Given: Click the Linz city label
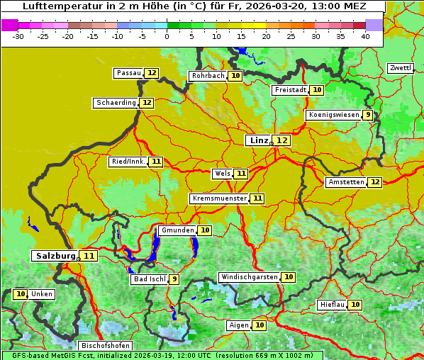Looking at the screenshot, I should (x=258, y=140).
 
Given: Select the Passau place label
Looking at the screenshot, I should (x=128, y=73).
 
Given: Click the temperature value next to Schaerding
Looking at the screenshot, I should (x=147, y=103).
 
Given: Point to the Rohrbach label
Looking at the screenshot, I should (x=207, y=76).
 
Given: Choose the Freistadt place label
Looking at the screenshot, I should (x=290, y=90).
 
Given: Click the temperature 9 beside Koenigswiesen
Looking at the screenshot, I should (x=367, y=115).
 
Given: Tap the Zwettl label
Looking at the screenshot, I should (x=400, y=68).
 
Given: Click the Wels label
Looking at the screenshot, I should (x=222, y=174).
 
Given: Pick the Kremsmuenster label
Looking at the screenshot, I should (x=219, y=198).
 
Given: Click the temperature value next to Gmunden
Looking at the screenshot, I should (x=205, y=230).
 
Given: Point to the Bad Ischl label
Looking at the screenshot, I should (x=149, y=279).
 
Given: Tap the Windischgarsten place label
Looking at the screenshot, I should (x=248, y=277).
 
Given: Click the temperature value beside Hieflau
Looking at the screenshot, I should (x=355, y=305).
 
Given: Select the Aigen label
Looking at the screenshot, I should (x=238, y=325).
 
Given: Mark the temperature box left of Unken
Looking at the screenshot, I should (x=21, y=294).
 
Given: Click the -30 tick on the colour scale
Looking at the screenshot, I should (x=18, y=35).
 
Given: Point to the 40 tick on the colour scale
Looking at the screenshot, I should (x=365, y=35).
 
